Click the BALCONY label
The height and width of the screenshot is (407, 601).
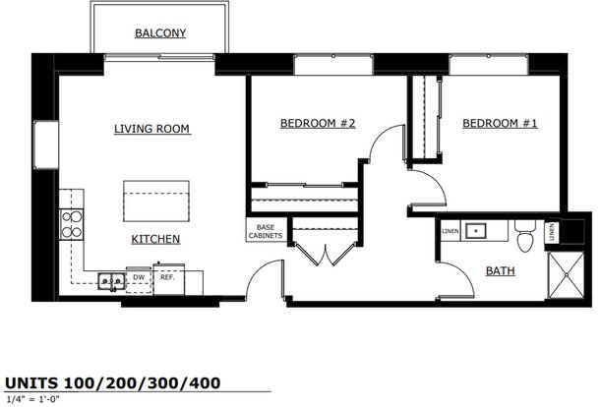pos(160,33)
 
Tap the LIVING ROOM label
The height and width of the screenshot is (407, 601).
pos(152,129)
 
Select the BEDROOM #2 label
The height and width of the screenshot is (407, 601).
pos(318,124)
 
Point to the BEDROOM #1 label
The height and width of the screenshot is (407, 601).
pos(501,124)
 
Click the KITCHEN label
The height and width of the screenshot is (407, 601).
pos(155,239)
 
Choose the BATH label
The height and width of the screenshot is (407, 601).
pos(501,271)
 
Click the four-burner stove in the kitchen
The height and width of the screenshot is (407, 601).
pos(71,224)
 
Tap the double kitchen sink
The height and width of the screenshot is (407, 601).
pos(111,282)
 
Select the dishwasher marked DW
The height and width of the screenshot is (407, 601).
pos(139,280)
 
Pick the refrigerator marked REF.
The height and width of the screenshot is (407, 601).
pos(168,278)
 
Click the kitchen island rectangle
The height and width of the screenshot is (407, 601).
pos(156,202)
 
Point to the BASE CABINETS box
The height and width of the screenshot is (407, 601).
pos(266,231)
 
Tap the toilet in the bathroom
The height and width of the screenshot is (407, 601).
pos(524,236)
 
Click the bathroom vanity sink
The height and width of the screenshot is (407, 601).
pos(476,231)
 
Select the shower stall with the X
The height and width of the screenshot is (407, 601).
pos(567,275)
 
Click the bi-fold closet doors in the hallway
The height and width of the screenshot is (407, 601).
pos(326,254)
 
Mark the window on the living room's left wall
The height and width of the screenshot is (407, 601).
pos(46,145)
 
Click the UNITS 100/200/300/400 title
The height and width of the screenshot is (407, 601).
pos(113,382)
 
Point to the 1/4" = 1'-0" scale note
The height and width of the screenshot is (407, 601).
pos(33,399)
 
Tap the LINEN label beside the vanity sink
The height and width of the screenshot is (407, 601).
pos(450,231)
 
